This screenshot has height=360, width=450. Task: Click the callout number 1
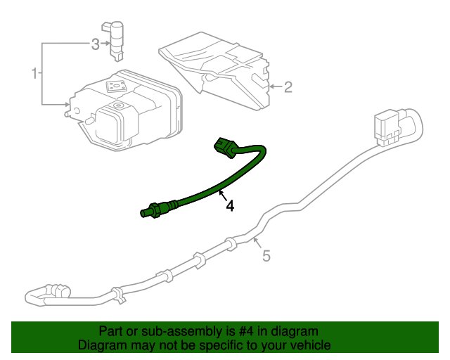click(34, 73)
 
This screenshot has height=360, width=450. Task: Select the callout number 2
click(288, 87)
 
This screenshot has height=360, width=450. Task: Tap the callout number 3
click(96, 44)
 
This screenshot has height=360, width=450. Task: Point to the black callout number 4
click(230, 206)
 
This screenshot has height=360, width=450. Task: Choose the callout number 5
click(266, 256)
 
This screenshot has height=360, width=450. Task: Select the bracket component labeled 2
click(214, 70)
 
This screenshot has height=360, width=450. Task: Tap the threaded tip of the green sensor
click(146, 213)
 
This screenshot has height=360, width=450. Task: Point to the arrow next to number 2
click(275, 86)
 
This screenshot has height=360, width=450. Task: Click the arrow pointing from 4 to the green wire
click(222, 195)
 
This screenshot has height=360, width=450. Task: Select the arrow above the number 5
click(257, 243)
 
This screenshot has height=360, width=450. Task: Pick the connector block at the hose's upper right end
click(387, 128)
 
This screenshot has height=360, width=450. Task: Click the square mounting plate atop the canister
click(117, 86)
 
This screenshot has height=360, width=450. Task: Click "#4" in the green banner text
click(246, 332)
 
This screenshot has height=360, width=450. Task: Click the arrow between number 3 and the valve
click(105, 44)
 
